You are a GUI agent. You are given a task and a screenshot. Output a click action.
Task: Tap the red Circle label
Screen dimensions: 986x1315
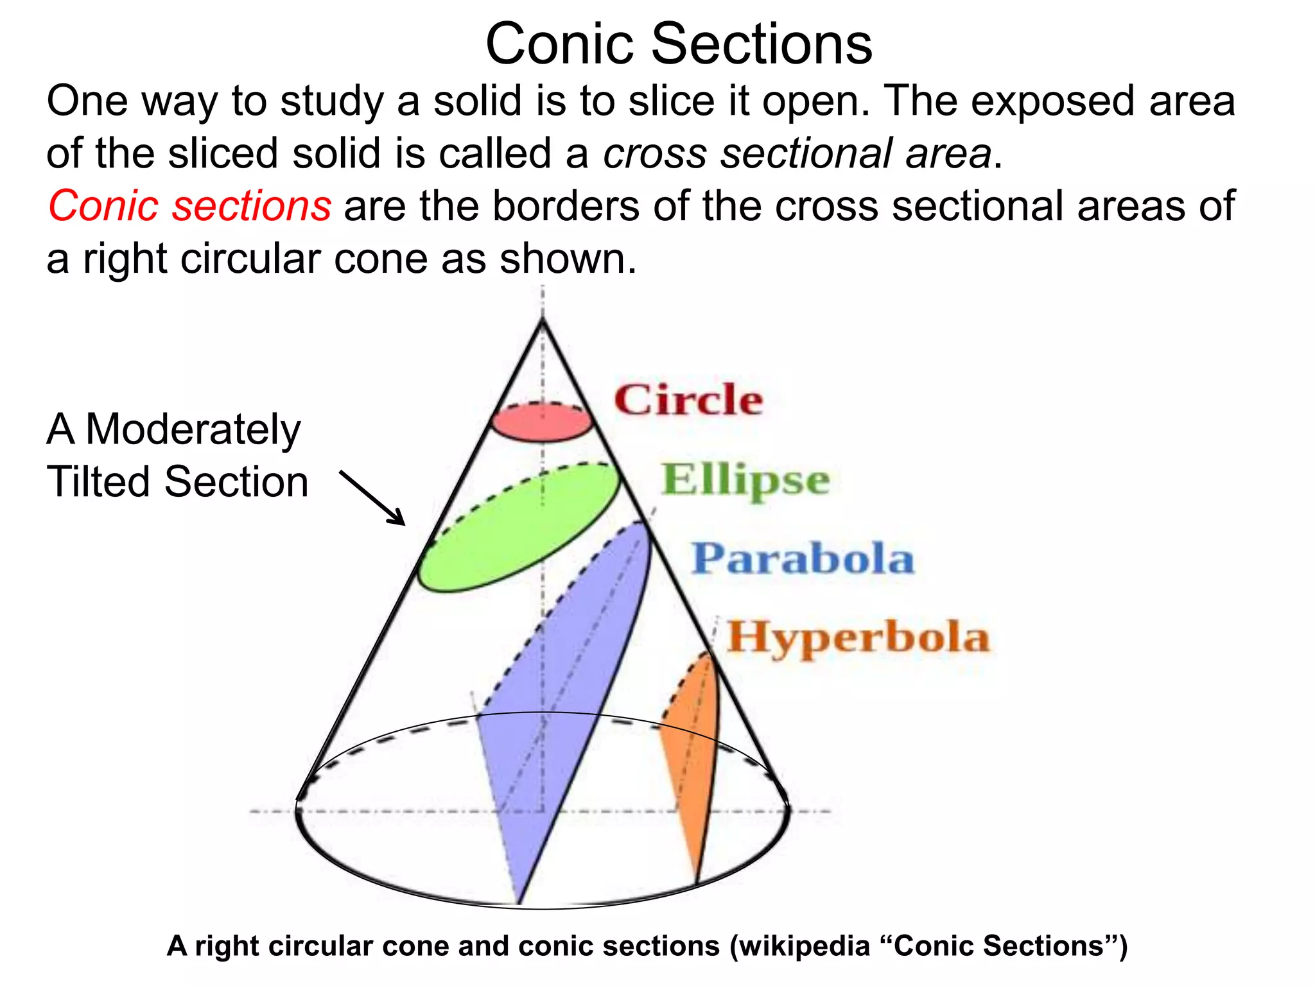click(x=688, y=400)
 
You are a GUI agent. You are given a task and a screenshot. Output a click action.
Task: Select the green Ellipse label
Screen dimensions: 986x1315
click(x=745, y=480)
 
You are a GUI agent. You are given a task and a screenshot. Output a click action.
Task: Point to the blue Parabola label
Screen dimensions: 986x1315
click(x=803, y=558)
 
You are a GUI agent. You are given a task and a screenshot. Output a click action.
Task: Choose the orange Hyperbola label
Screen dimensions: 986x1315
click(x=858, y=637)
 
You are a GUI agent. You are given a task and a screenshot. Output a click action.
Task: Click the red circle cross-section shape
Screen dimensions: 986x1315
click(x=541, y=424)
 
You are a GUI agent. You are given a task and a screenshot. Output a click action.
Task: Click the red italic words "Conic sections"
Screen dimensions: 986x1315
click(x=189, y=206)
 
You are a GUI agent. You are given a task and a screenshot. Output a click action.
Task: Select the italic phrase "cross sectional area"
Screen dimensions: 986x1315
click(x=797, y=153)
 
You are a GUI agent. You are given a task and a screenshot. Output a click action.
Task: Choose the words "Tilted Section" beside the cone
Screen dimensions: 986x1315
click(x=177, y=481)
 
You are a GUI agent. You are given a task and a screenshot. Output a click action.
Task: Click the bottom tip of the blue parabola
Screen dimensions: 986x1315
click(x=519, y=901)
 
